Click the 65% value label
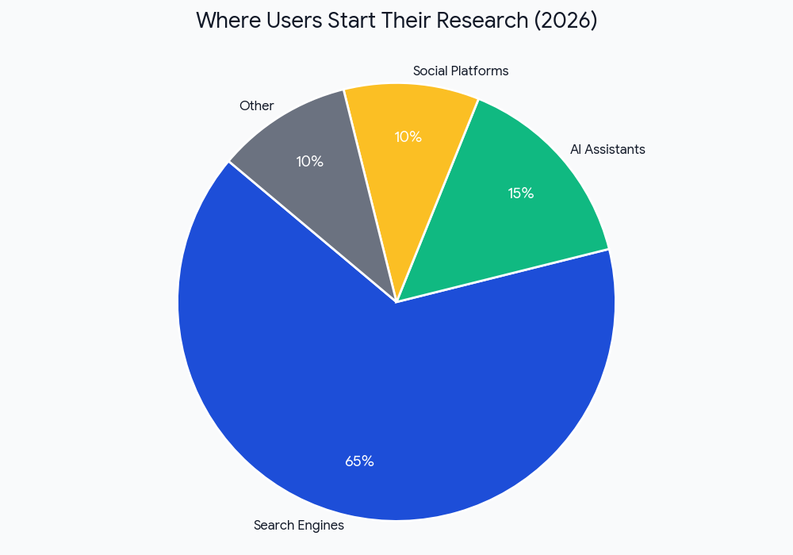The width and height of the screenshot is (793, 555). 359,461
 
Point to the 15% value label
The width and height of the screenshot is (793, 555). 521,193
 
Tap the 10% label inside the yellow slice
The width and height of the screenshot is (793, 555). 408,137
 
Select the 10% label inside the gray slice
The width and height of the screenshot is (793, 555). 309,162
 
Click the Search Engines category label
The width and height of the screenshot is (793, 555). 299,525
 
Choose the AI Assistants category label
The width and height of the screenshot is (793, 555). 607,149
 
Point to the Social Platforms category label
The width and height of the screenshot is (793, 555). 461,71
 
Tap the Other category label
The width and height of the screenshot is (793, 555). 256,105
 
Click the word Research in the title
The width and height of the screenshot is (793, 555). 481,21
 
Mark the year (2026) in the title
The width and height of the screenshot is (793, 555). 565,21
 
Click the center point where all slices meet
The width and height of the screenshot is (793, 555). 396,302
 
